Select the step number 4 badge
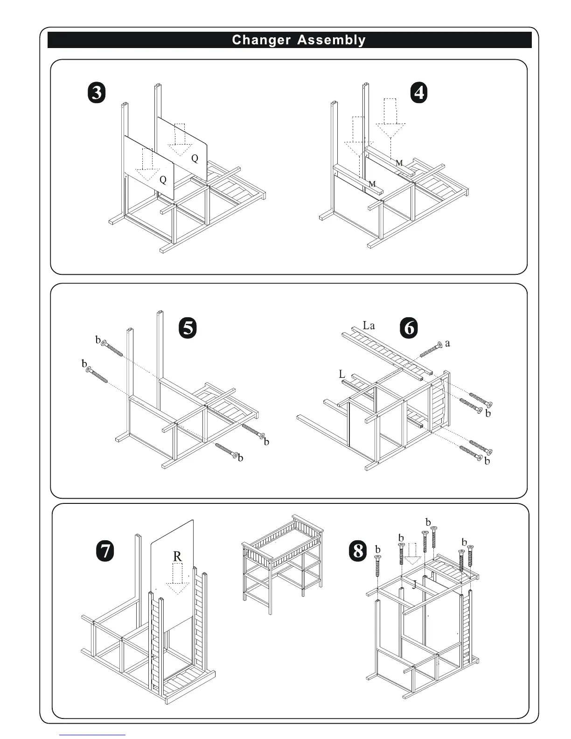(x=419, y=93)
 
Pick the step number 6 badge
(x=409, y=328)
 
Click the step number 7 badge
(x=105, y=551)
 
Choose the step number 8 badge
(x=358, y=551)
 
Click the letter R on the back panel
(x=177, y=556)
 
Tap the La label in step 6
(x=369, y=325)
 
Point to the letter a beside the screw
(x=448, y=344)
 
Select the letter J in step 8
(x=414, y=584)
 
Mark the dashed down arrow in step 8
(x=412, y=553)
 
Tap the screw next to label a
(x=431, y=349)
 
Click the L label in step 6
(x=342, y=374)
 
